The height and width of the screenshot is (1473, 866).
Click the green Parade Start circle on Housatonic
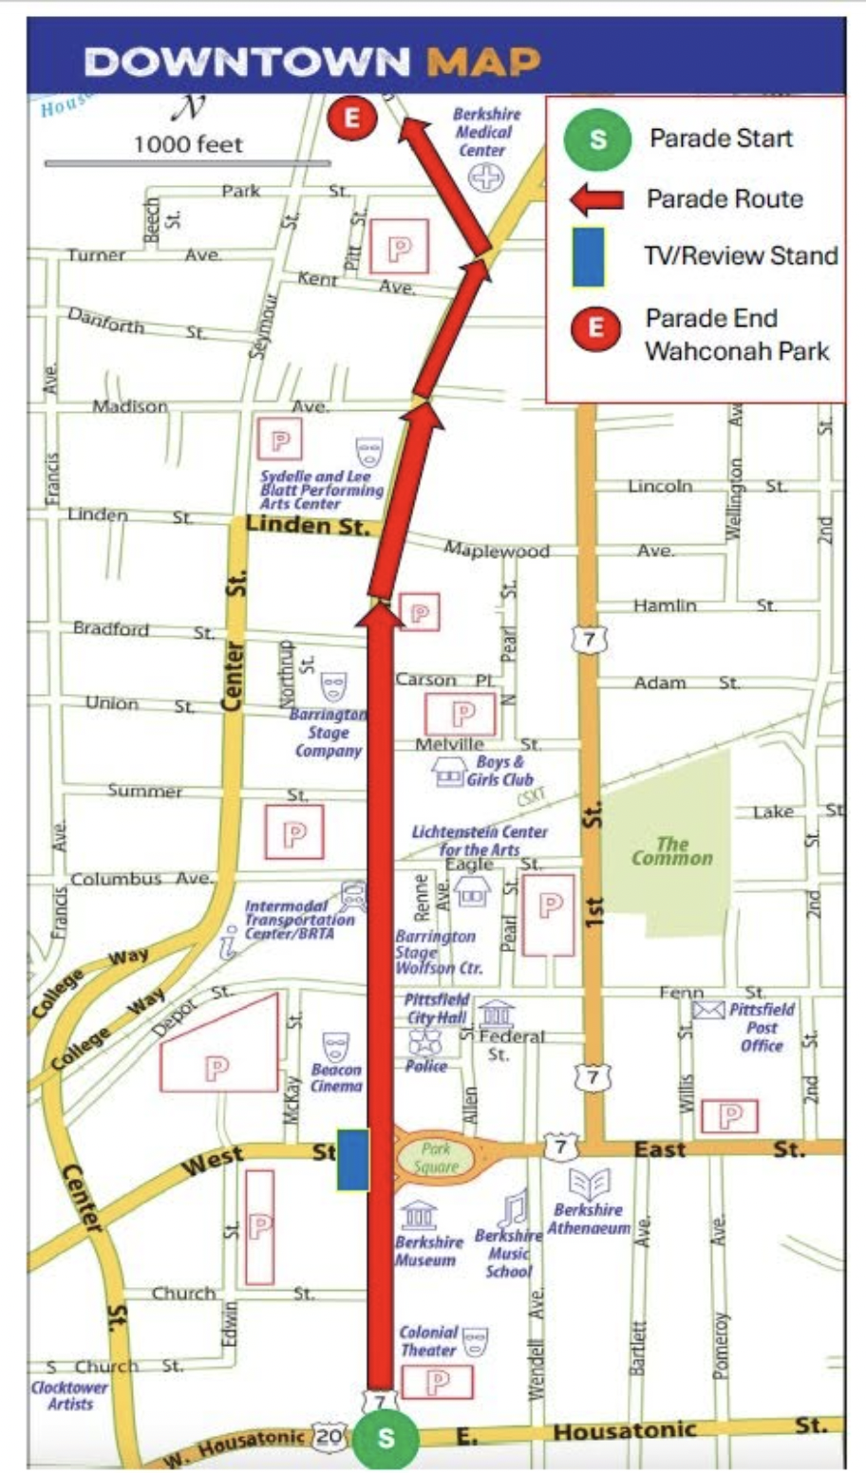(x=385, y=1438)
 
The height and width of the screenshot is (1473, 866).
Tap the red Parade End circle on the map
(x=352, y=118)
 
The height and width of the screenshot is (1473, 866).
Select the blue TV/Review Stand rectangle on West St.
(x=352, y=1159)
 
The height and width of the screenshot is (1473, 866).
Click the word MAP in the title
(x=483, y=62)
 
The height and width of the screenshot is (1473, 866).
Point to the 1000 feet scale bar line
(x=187, y=163)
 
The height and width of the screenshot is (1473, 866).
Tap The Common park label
(x=671, y=850)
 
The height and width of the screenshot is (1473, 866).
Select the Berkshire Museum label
(x=428, y=1250)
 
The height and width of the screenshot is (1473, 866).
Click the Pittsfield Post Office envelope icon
(x=708, y=1010)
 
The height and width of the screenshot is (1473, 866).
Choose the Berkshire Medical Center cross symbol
(x=485, y=177)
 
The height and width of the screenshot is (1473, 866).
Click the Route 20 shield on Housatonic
(x=329, y=1436)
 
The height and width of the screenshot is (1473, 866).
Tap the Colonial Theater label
(x=429, y=1340)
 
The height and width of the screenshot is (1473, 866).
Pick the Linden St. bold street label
(x=307, y=525)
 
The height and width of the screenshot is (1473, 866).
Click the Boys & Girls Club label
(x=499, y=770)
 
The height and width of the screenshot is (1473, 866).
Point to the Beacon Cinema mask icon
(x=336, y=1047)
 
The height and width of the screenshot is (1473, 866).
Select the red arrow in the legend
(x=596, y=199)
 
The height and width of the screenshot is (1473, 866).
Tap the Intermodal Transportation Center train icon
(x=353, y=894)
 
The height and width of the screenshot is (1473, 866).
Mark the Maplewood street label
(x=496, y=550)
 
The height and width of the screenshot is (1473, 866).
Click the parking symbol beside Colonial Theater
(x=437, y=1382)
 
